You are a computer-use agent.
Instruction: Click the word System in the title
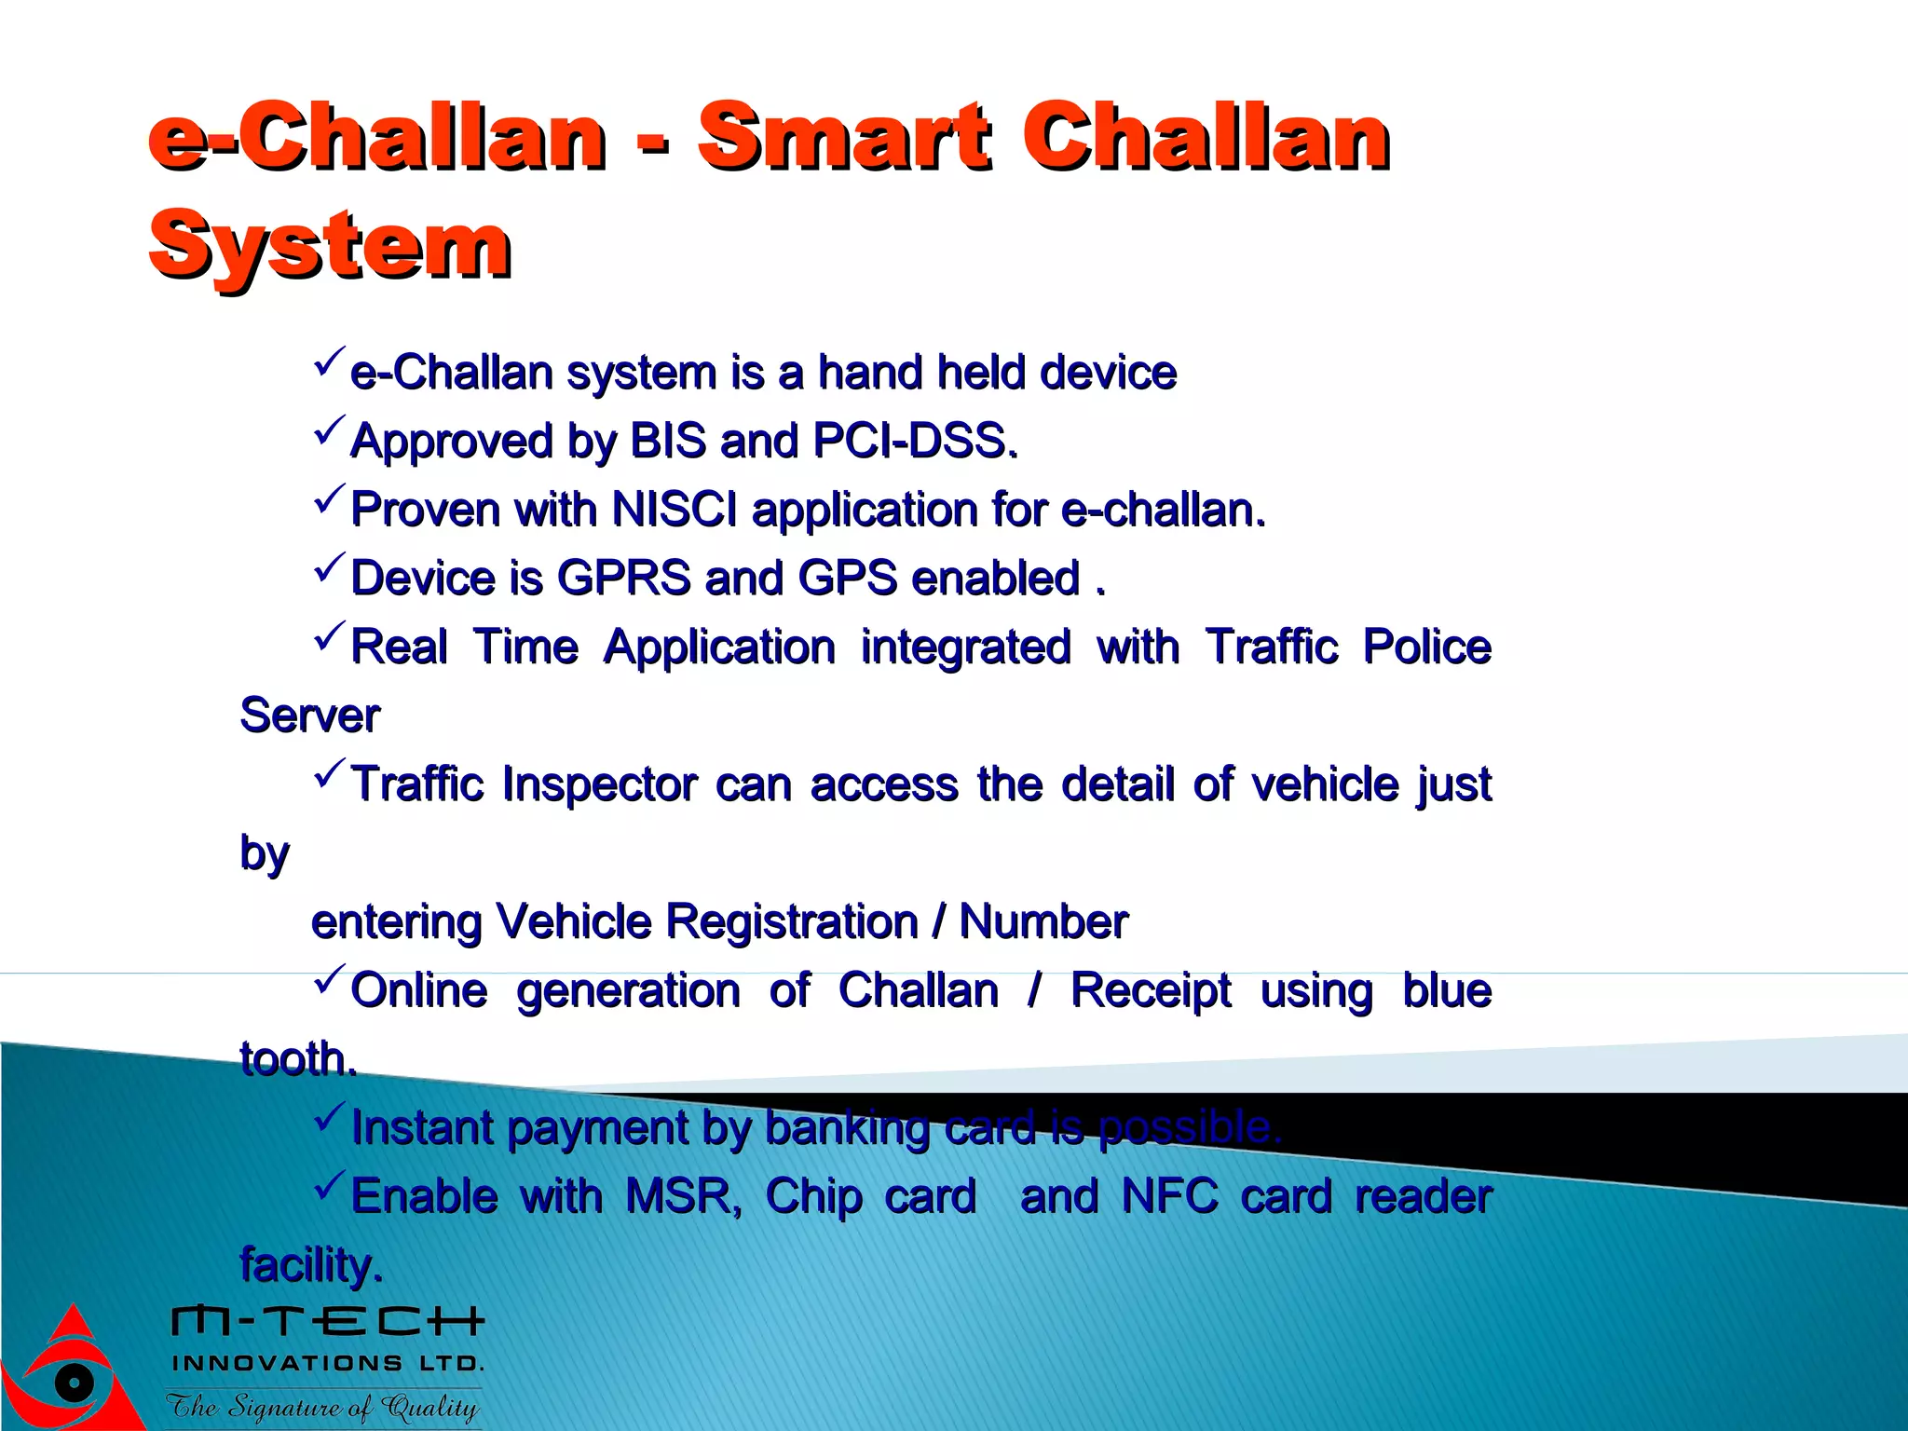[330, 244]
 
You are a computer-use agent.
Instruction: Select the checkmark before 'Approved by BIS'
[330, 431]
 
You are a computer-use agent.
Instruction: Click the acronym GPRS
[623, 578]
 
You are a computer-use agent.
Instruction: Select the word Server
[309, 715]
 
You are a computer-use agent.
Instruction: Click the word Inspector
[599, 784]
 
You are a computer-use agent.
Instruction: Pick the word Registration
[792, 921]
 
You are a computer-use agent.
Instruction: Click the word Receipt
[1151, 990]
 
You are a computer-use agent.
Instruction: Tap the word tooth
[296, 1059]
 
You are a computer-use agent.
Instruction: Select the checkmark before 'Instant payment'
[330, 1117]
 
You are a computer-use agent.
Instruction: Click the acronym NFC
[1169, 1196]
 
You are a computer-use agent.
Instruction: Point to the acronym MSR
[682, 1196]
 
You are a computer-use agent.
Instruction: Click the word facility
[309, 1265]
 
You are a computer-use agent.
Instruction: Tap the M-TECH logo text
[328, 1320]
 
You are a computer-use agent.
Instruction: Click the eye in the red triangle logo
[74, 1381]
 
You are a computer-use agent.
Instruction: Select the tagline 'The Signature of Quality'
[322, 1406]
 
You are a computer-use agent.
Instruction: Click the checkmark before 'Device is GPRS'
[330, 568]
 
